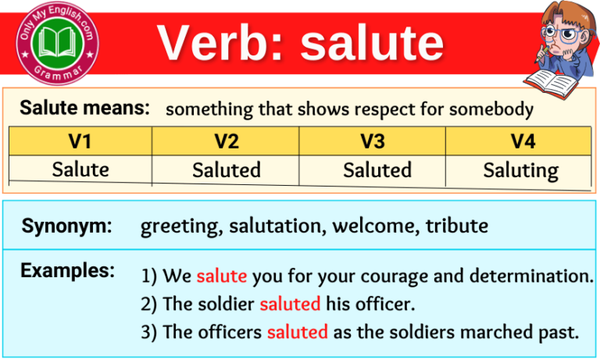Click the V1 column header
(80, 141)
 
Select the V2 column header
(226, 141)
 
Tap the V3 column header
(373, 141)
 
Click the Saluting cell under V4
(521, 170)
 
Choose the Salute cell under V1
(80, 169)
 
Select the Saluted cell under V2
(226, 170)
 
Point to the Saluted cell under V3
(377, 170)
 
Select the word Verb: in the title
(222, 43)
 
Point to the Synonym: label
(66, 226)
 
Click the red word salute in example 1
(221, 276)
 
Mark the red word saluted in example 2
(290, 305)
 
